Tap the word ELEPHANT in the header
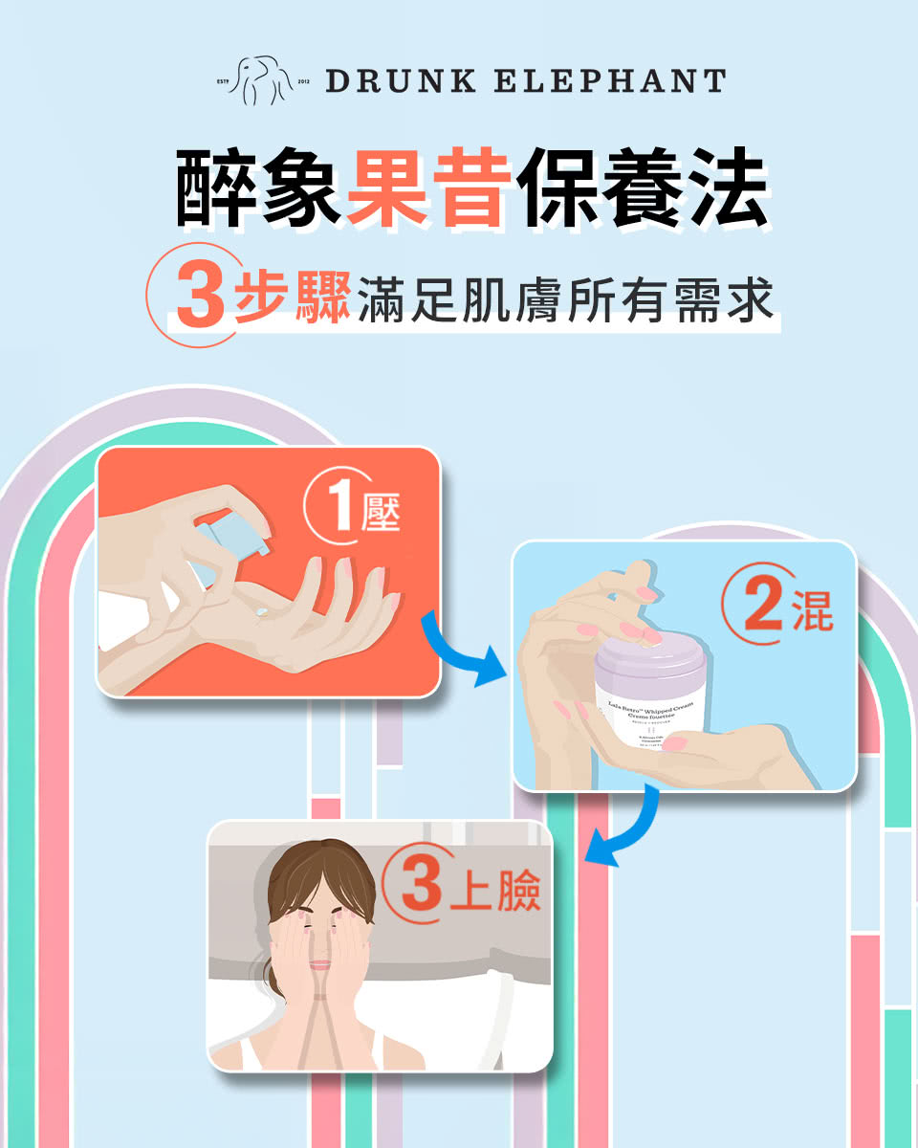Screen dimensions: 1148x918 [608, 80]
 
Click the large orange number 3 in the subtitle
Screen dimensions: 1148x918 [199, 296]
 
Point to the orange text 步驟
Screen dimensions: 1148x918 [293, 296]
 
